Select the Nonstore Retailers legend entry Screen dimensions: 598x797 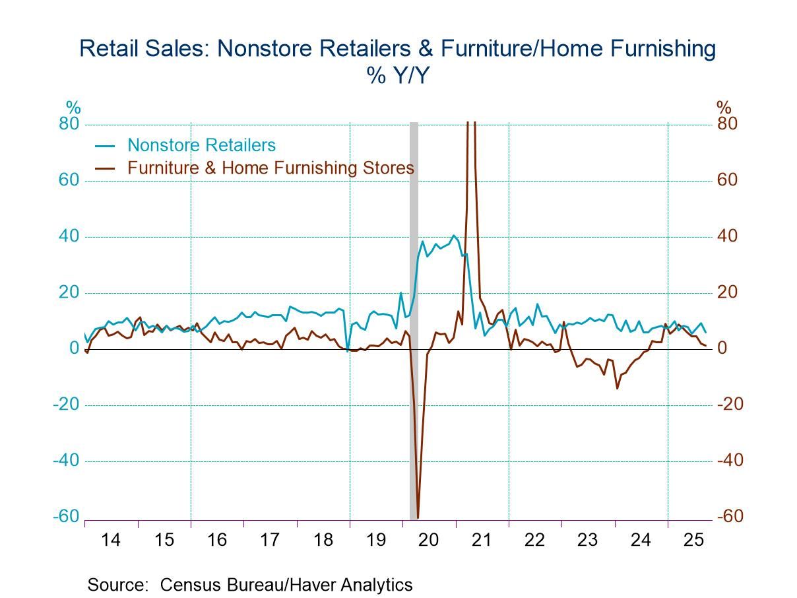(x=201, y=145)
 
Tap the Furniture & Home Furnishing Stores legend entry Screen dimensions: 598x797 (x=271, y=168)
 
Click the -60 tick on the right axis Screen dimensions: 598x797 (x=730, y=517)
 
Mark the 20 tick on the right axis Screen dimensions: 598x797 (x=726, y=292)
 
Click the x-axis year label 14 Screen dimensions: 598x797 (x=111, y=540)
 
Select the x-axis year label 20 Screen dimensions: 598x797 (x=429, y=540)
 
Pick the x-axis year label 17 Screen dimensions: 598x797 (x=270, y=540)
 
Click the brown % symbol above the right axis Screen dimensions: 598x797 (x=724, y=107)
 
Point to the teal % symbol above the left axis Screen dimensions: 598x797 (x=73, y=107)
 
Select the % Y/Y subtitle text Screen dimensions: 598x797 (x=398, y=76)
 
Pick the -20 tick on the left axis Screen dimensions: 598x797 (x=67, y=405)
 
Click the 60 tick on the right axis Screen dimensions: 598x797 (x=726, y=180)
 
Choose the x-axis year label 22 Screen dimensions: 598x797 (x=535, y=540)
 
